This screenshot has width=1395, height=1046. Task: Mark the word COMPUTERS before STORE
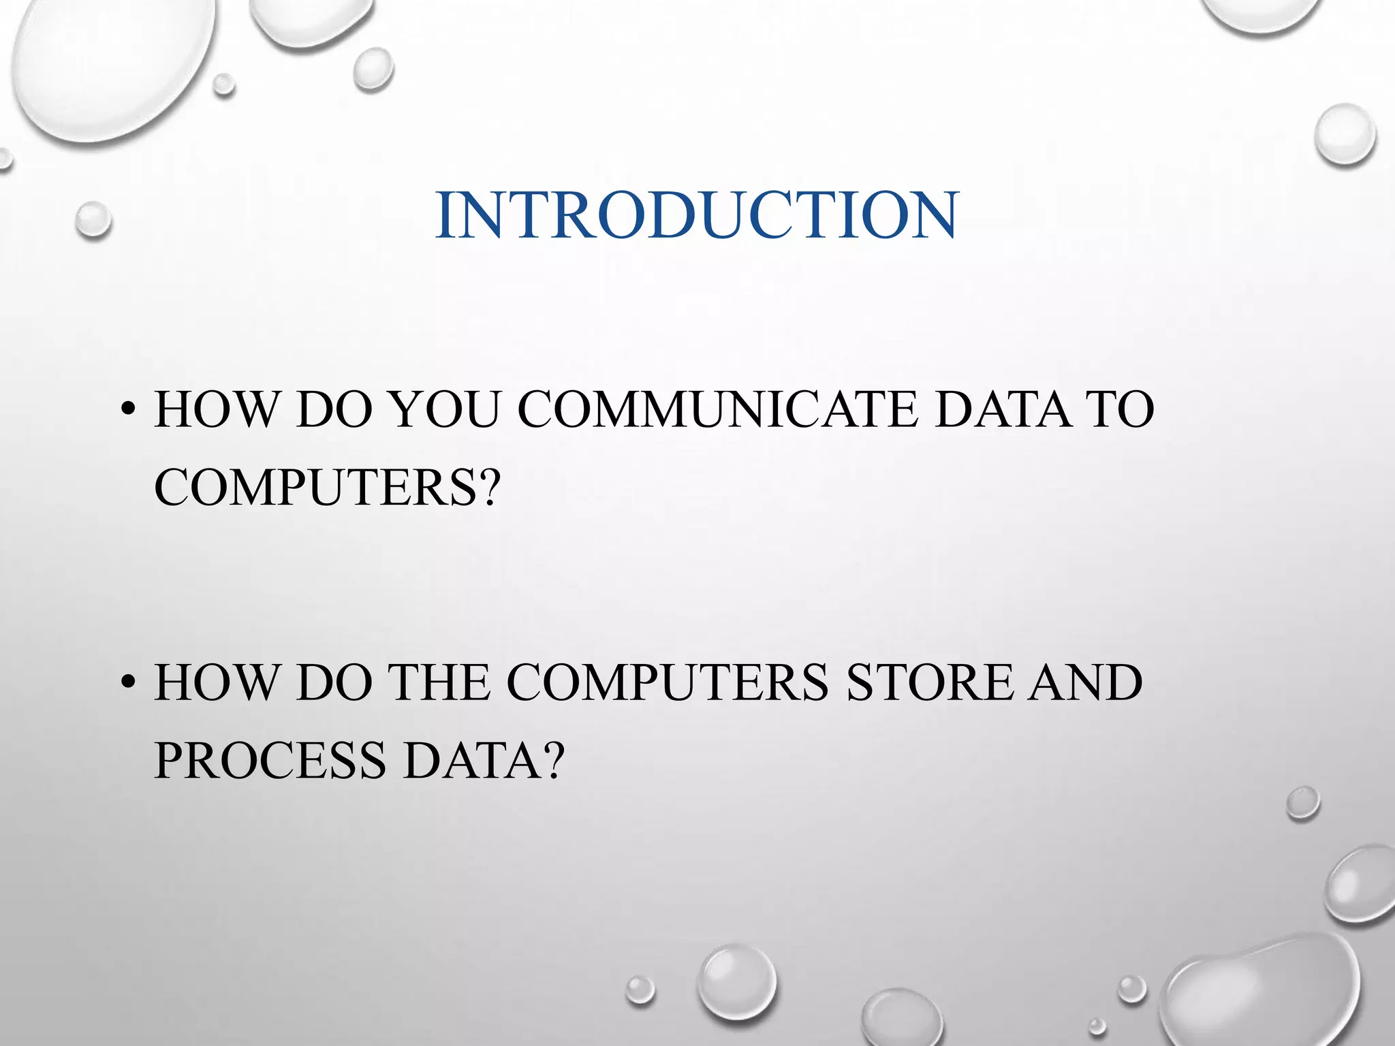point(667,682)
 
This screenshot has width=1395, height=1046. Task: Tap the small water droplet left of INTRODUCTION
point(93,219)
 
